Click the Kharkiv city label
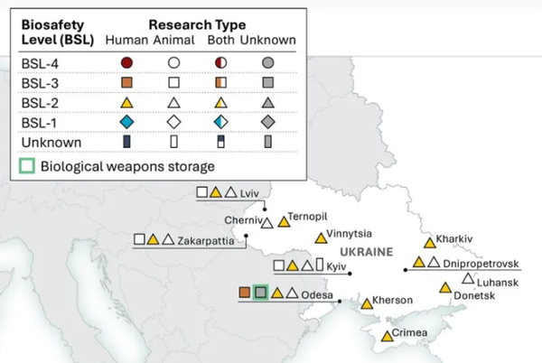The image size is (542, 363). tap(453, 239)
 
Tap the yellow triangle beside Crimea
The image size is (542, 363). tap(388, 337)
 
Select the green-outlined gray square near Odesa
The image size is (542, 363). tap(261, 293)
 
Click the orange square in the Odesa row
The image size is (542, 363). tap(245, 293)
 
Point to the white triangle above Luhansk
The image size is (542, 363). tap(468, 279)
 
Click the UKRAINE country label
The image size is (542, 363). tap(367, 252)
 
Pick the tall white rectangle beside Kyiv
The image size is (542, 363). tap(320, 265)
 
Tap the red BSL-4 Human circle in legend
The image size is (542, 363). tap(126, 63)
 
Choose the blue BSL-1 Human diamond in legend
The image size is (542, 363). tap(126, 122)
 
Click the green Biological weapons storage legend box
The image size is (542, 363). tap(27, 166)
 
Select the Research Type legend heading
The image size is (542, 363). tap(197, 25)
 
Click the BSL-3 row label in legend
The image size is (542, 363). tap(40, 83)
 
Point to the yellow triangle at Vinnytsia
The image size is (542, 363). tap(321, 238)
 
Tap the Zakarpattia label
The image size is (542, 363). tap(206, 241)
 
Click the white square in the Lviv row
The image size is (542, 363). tap(201, 192)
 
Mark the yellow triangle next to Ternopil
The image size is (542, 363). tap(285, 222)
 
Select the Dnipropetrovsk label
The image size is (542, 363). tap(481, 264)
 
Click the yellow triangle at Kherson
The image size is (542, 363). tap(367, 304)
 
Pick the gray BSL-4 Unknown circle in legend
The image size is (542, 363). tap(268, 63)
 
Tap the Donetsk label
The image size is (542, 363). tap(474, 295)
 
